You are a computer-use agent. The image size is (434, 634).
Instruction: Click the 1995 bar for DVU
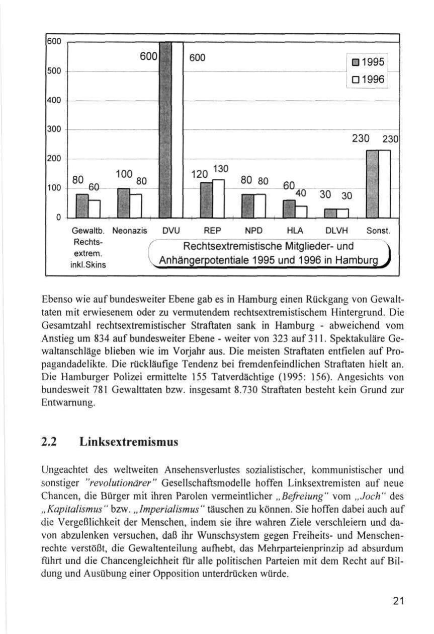click(x=165, y=131)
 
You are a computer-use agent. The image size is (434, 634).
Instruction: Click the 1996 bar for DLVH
click(x=342, y=213)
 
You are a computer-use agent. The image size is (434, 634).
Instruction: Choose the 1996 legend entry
click(x=370, y=79)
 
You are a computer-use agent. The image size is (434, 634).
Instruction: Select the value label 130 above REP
click(x=221, y=169)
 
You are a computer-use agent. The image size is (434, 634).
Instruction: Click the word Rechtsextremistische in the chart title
click(x=226, y=247)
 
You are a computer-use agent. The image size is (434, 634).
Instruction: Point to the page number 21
click(x=399, y=600)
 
